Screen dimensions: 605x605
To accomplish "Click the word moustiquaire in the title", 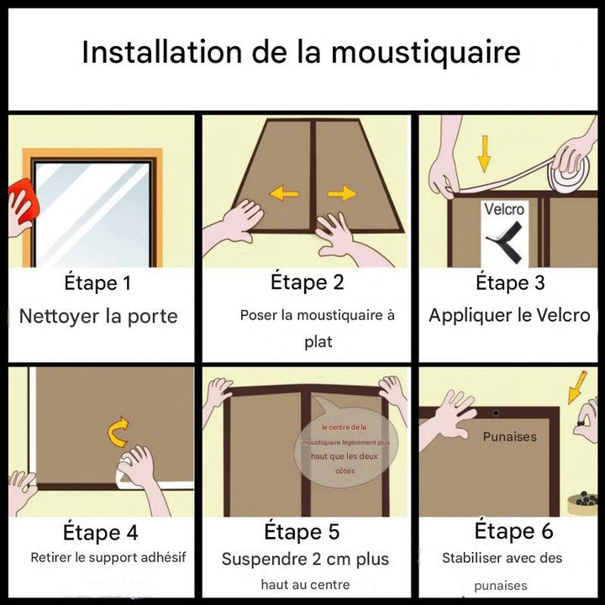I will point(425,52).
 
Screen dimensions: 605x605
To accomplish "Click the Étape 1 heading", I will point(97,283).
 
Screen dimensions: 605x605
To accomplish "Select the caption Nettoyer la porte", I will point(98,317).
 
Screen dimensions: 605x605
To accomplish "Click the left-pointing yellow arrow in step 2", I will point(283,194).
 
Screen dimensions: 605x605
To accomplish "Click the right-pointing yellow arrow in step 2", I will point(341,194).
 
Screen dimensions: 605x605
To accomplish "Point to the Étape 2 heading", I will point(307,281).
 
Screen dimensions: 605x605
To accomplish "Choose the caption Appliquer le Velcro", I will point(509,316).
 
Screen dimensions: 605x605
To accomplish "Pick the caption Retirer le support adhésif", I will point(108,557).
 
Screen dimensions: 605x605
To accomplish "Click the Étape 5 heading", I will point(302,532).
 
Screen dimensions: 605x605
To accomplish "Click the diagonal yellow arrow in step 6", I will point(579,388).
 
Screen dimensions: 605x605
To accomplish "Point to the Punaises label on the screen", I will point(509,437).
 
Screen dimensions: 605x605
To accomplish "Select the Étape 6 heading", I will point(513,531).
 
